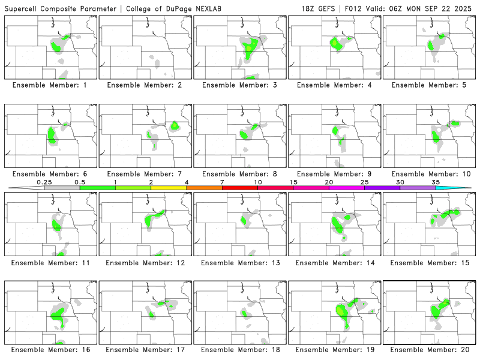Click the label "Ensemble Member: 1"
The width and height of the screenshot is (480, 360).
tap(49, 85)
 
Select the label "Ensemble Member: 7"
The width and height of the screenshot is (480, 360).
tap(144, 174)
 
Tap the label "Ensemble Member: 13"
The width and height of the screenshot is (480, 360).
tap(239, 263)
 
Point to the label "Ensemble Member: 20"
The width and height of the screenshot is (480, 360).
tap(428, 349)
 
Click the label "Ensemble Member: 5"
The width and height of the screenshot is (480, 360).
tap(428, 85)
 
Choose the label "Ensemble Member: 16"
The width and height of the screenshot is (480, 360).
tap(49, 349)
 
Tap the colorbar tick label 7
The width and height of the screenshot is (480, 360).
tap(222, 181)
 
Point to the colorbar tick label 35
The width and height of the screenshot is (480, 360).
tap(436, 181)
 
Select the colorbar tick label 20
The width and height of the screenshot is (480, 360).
tap(329, 181)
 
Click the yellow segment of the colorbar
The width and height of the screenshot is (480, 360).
tap(169, 188)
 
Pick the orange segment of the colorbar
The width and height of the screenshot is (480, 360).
tap(204, 188)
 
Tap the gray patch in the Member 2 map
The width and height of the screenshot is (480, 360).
tap(155, 62)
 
